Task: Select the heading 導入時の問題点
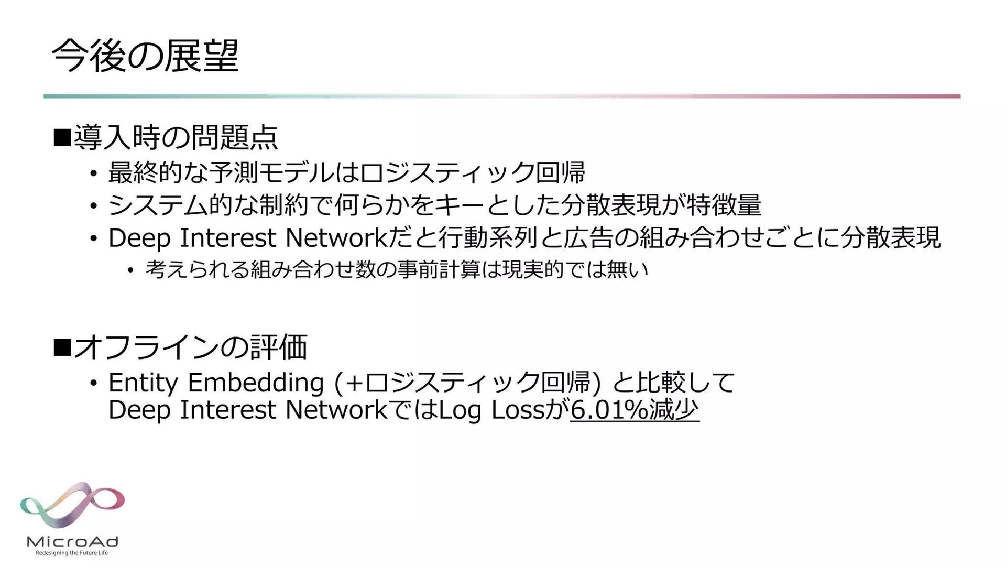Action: pos(176,137)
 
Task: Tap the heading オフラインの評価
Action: pos(190,347)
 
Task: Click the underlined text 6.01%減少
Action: pos(635,410)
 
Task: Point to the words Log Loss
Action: pos(491,410)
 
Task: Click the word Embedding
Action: pos(256,382)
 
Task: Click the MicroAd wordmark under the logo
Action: pos(72,541)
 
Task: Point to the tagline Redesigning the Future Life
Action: pos(72,553)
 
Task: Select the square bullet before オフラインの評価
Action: pos(62,347)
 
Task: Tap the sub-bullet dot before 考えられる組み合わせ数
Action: pos(130,271)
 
